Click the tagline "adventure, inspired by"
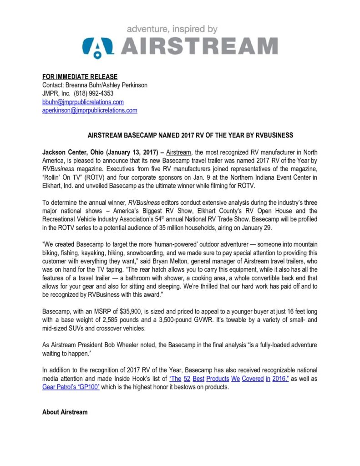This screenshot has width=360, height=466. tap(172, 29)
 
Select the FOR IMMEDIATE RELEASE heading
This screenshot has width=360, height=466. tap(80, 76)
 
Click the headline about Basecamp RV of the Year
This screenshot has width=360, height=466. tap(190, 135)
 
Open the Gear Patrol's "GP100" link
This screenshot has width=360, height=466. tap(71, 386)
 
